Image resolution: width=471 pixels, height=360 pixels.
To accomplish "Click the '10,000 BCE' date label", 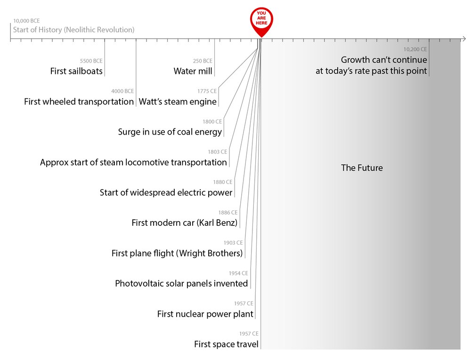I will (26, 21).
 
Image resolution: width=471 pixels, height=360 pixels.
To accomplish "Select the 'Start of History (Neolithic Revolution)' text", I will (73, 30).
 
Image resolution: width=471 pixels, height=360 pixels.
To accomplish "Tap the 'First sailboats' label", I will (76, 72).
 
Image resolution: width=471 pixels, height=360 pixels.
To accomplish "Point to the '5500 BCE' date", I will (91, 61).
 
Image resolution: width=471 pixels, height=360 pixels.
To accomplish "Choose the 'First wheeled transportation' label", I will (79, 102).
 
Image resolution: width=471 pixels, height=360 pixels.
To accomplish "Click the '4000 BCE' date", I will (122, 91).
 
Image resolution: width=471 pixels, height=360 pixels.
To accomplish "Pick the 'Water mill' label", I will (193, 72).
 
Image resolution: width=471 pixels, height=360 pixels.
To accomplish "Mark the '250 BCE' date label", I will (203, 61).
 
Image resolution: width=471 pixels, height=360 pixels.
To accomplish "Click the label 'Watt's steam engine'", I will (178, 102).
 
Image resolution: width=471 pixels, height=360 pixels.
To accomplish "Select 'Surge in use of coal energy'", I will (170, 132).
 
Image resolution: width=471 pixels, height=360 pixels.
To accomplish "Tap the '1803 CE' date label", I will (217, 152).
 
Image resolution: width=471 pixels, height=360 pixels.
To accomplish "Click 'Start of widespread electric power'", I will (166, 192).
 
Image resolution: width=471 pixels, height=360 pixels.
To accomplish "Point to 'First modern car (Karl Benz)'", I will (184, 223).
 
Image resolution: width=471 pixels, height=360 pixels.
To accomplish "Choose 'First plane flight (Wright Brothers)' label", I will (177, 254).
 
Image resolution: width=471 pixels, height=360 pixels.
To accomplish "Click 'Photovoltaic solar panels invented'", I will (181, 284).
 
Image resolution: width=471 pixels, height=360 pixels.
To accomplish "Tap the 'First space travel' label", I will (226, 344).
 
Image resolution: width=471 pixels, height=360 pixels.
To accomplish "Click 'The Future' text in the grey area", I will (362, 168).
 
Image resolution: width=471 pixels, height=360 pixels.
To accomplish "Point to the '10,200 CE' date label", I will (415, 49).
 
